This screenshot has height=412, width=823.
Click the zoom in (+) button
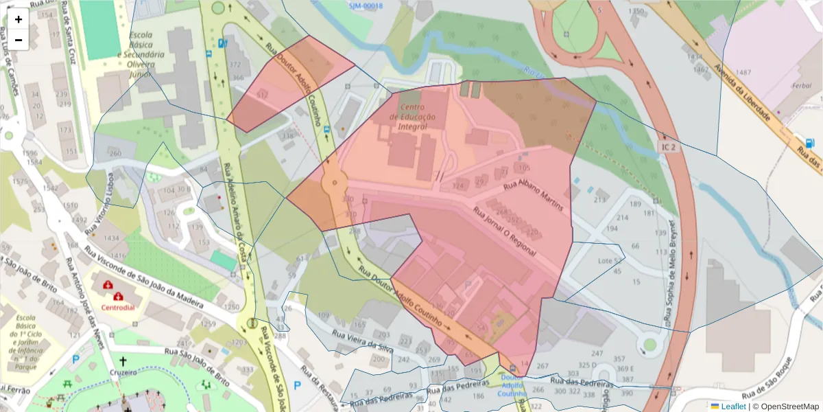click(19, 19)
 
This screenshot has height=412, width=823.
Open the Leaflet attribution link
click(732, 406)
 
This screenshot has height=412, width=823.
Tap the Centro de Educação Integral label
click(413, 117)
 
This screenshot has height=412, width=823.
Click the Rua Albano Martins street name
click(534, 196)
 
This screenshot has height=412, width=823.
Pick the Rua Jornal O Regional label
click(503, 231)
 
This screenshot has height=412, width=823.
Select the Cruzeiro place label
click(123, 373)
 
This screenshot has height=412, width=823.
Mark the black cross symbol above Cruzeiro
click(123, 360)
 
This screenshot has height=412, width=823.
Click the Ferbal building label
click(800, 87)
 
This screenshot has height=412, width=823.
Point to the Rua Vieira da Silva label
click(362, 341)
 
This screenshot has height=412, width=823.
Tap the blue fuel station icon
click(810, 144)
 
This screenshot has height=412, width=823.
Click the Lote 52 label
click(610, 261)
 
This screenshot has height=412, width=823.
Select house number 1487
click(743, 72)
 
